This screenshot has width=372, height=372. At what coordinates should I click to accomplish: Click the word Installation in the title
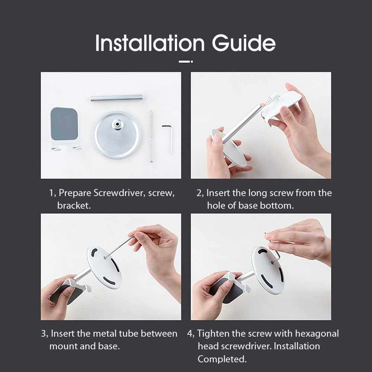150,43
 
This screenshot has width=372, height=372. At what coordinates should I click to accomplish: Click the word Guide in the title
244,43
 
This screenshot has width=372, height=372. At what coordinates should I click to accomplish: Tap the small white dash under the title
186,62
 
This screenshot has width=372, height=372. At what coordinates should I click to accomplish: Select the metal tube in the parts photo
116,98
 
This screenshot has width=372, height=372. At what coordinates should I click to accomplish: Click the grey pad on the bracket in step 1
64,124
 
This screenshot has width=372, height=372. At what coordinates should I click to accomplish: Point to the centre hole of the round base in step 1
117,124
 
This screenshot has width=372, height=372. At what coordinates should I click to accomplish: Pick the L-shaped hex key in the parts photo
168,139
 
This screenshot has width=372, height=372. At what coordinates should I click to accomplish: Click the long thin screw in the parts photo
151,136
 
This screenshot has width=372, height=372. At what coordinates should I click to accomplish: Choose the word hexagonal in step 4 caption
317,334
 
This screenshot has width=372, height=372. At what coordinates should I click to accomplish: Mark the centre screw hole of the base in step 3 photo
105,257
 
